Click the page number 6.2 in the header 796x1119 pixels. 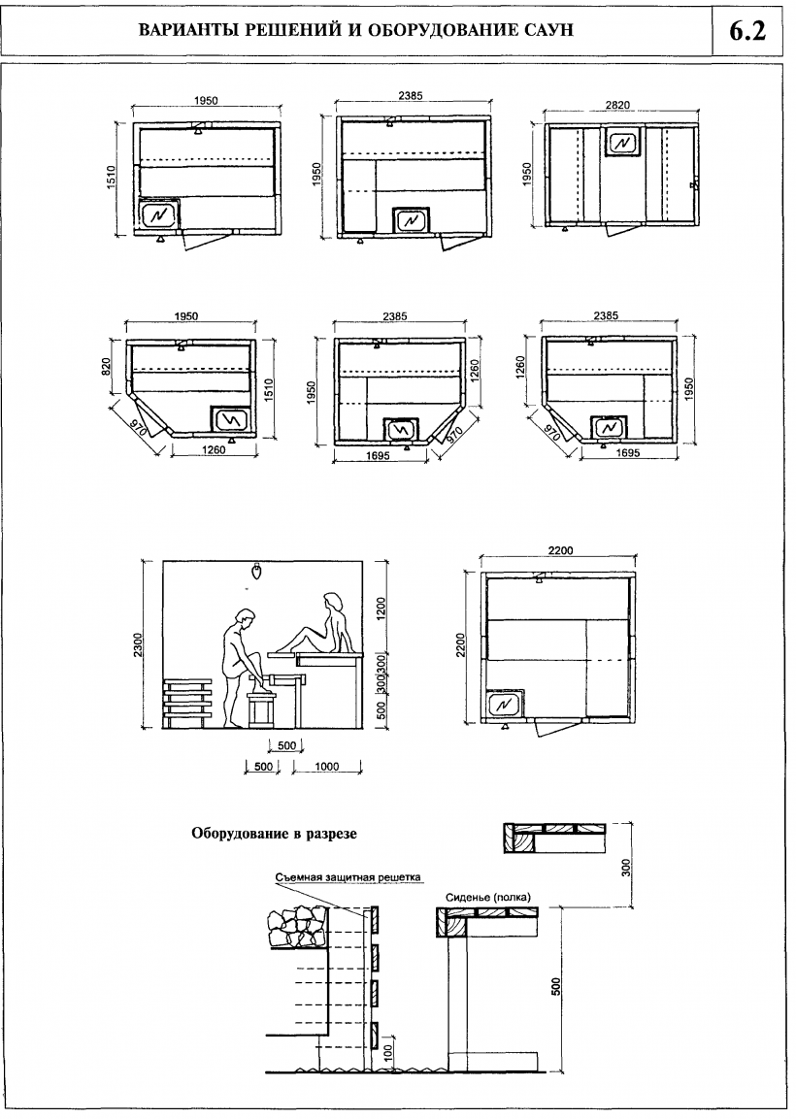[x=747, y=31]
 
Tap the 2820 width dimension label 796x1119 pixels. [x=618, y=105]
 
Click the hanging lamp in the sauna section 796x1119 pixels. [x=256, y=572]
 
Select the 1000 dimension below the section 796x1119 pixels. [x=326, y=767]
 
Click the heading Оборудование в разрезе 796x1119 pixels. [x=274, y=833]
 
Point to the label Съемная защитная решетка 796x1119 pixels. [x=348, y=877]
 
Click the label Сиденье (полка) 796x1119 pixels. [x=488, y=898]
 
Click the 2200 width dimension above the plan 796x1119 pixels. [x=560, y=550]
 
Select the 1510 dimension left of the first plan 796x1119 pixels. [x=111, y=179]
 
